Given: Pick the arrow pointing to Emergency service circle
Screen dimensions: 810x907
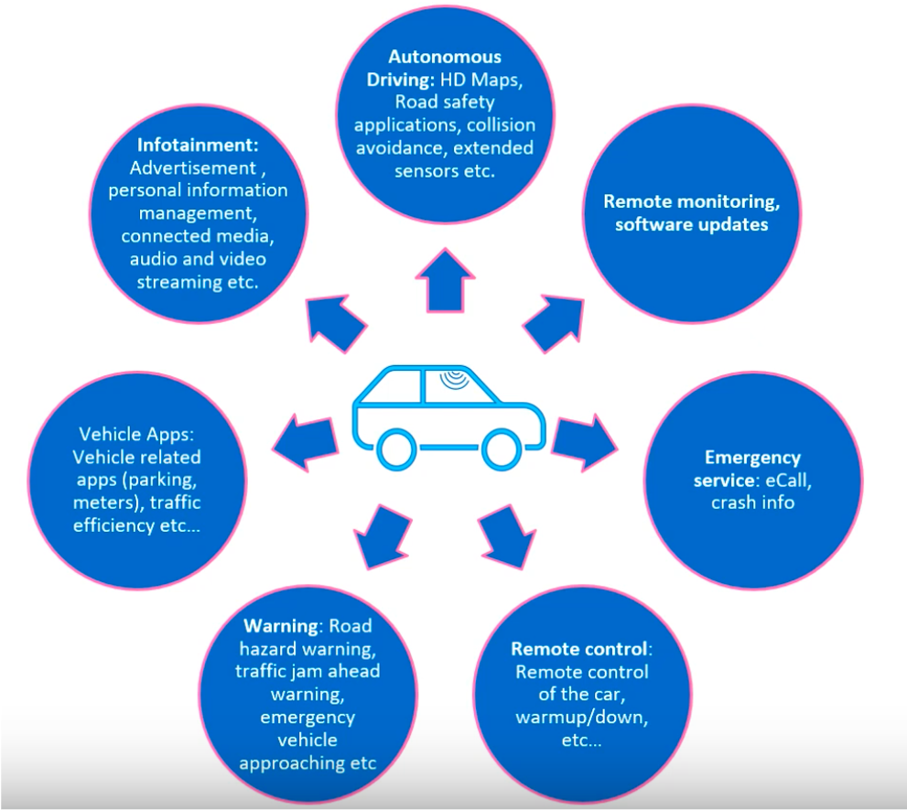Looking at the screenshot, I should pos(583,440).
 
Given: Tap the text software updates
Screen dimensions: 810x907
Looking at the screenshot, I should pos(691,224).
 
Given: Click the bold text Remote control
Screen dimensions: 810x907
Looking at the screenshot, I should pos(578,649).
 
